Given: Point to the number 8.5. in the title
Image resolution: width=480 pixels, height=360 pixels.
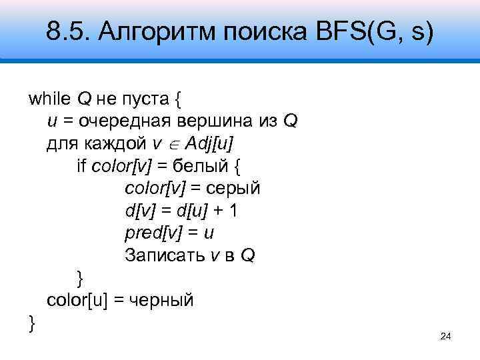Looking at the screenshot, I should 69,30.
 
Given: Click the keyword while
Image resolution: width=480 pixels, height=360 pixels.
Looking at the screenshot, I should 50,100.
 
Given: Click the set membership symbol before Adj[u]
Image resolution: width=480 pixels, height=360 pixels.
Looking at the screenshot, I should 173,145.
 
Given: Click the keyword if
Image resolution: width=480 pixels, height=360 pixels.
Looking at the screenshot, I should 82,166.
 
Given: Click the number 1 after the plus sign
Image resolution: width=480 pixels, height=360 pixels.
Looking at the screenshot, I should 234,211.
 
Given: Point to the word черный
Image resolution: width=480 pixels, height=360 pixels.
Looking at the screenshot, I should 161,300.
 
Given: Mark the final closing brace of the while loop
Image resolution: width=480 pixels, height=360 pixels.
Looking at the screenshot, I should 32,323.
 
